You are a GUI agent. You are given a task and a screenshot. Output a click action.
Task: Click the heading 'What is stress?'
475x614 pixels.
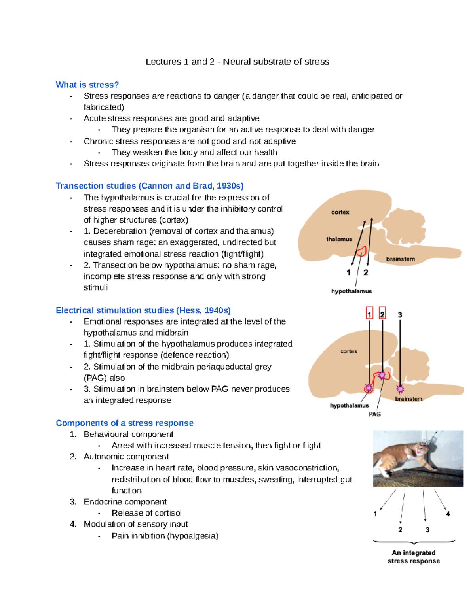tap(87, 85)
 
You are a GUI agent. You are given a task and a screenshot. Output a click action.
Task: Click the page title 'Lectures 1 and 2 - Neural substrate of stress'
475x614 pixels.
tap(237, 62)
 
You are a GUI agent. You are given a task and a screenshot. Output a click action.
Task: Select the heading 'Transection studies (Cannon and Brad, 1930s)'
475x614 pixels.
tap(150, 186)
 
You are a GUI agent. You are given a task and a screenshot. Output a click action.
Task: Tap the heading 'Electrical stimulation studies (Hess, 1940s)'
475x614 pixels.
tap(143, 310)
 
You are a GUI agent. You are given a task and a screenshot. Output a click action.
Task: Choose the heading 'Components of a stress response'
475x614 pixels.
tap(124, 423)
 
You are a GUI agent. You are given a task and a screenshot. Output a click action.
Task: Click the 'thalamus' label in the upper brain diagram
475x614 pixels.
tap(339, 239)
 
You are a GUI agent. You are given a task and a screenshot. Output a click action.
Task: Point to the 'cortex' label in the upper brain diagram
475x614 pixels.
tap(340, 212)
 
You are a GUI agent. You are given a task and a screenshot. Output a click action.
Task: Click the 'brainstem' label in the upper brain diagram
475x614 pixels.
tap(400, 259)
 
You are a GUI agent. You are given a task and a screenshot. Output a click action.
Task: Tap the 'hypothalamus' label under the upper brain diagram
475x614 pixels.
tap(351, 291)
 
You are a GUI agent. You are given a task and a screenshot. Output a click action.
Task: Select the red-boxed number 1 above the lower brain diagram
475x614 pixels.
tap(369, 314)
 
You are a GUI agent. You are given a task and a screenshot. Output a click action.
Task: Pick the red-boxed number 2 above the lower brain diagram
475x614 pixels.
tap(382, 314)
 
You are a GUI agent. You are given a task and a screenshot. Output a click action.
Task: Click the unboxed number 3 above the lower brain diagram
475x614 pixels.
tap(400, 315)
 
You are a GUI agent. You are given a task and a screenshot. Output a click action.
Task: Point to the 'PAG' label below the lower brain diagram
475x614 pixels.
tap(374, 414)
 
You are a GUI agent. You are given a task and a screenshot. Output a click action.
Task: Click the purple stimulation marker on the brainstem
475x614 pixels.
tap(400, 389)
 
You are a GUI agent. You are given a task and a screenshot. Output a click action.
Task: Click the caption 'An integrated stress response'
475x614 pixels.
tap(414, 557)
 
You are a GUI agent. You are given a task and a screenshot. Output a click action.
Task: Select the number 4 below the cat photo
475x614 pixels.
tap(448, 514)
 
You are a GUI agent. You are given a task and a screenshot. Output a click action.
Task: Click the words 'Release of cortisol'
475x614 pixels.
tap(146, 513)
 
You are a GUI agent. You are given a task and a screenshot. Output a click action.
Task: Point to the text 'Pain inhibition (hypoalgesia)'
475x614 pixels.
tap(165, 536)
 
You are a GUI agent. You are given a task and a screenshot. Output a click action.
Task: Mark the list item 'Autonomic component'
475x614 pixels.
tap(126, 457)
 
